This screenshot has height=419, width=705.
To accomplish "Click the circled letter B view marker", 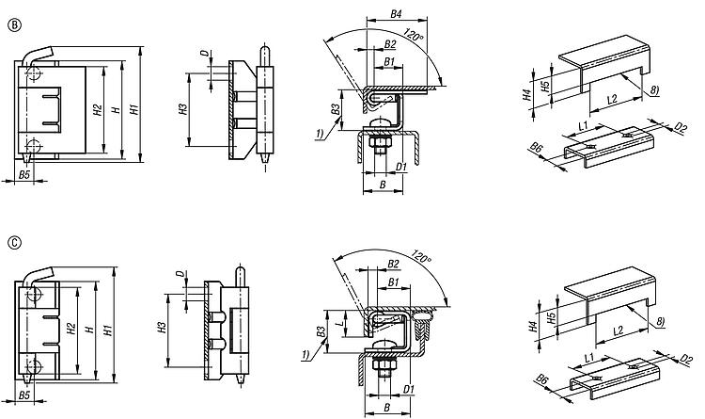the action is pyautogui.click(x=15, y=25).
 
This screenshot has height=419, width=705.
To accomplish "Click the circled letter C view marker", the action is pyautogui.click(x=15, y=244).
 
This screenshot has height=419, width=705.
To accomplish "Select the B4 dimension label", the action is pyautogui.click(x=396, y=13).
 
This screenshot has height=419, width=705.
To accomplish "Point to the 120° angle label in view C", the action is pyautogui.click(x=422, y=257).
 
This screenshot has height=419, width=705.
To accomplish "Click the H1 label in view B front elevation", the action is pyautogui.click(x=134, y=109).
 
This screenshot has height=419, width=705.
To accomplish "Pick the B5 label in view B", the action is pyautogui.click(x=24, y=174).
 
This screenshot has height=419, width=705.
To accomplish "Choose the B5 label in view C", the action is pyautogui.click(x=24, y=395).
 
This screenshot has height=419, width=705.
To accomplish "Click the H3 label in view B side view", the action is pyautogui.click(x=182, y=109).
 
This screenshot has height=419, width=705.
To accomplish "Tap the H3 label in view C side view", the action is pyautogui.click(x=163, y=328).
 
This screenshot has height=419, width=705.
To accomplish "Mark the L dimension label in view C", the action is pyautogui.click(x=342, y=323).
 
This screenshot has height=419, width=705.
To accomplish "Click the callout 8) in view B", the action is pyautogui.click(x=653, y=89).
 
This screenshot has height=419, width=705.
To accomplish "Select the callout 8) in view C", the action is pyautogui.click(x=660, y=321).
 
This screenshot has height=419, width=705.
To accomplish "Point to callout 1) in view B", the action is pyautogui.click(x=320, y=134).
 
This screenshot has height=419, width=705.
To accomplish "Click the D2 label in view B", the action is pyautogui.click(x=681, y=128).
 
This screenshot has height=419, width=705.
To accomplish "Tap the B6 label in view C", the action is pyautogui.click(x=542, y=380).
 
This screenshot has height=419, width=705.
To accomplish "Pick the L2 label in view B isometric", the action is pyautogui.click(x=612, y=100).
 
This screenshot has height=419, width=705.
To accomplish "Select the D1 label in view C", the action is pyautogui.click(x=409, y=389).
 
